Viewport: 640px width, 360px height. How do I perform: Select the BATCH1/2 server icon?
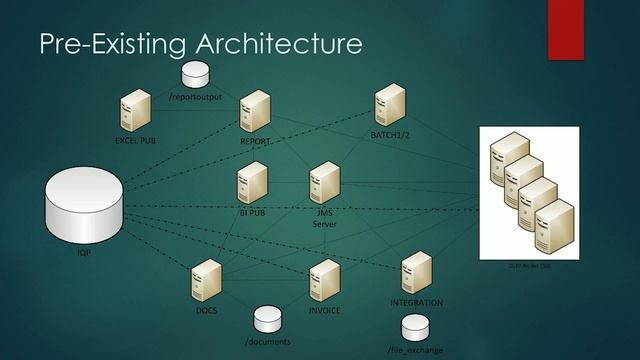pos(388,106)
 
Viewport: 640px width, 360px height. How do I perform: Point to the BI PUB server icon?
pos(251,181)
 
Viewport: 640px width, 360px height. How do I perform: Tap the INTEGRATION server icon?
pos(415,273)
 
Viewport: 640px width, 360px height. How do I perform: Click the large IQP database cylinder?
pos(85,205)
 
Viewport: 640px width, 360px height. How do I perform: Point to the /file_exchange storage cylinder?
pos(414,327)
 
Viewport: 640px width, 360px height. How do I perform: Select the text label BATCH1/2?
pos(388,135)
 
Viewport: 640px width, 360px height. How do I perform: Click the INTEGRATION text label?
pos(416,302)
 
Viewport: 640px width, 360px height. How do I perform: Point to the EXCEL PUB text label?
pos(134,141)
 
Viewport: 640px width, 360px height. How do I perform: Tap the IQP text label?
pos(84,254)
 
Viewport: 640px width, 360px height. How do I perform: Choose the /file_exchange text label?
pos(415,350)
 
